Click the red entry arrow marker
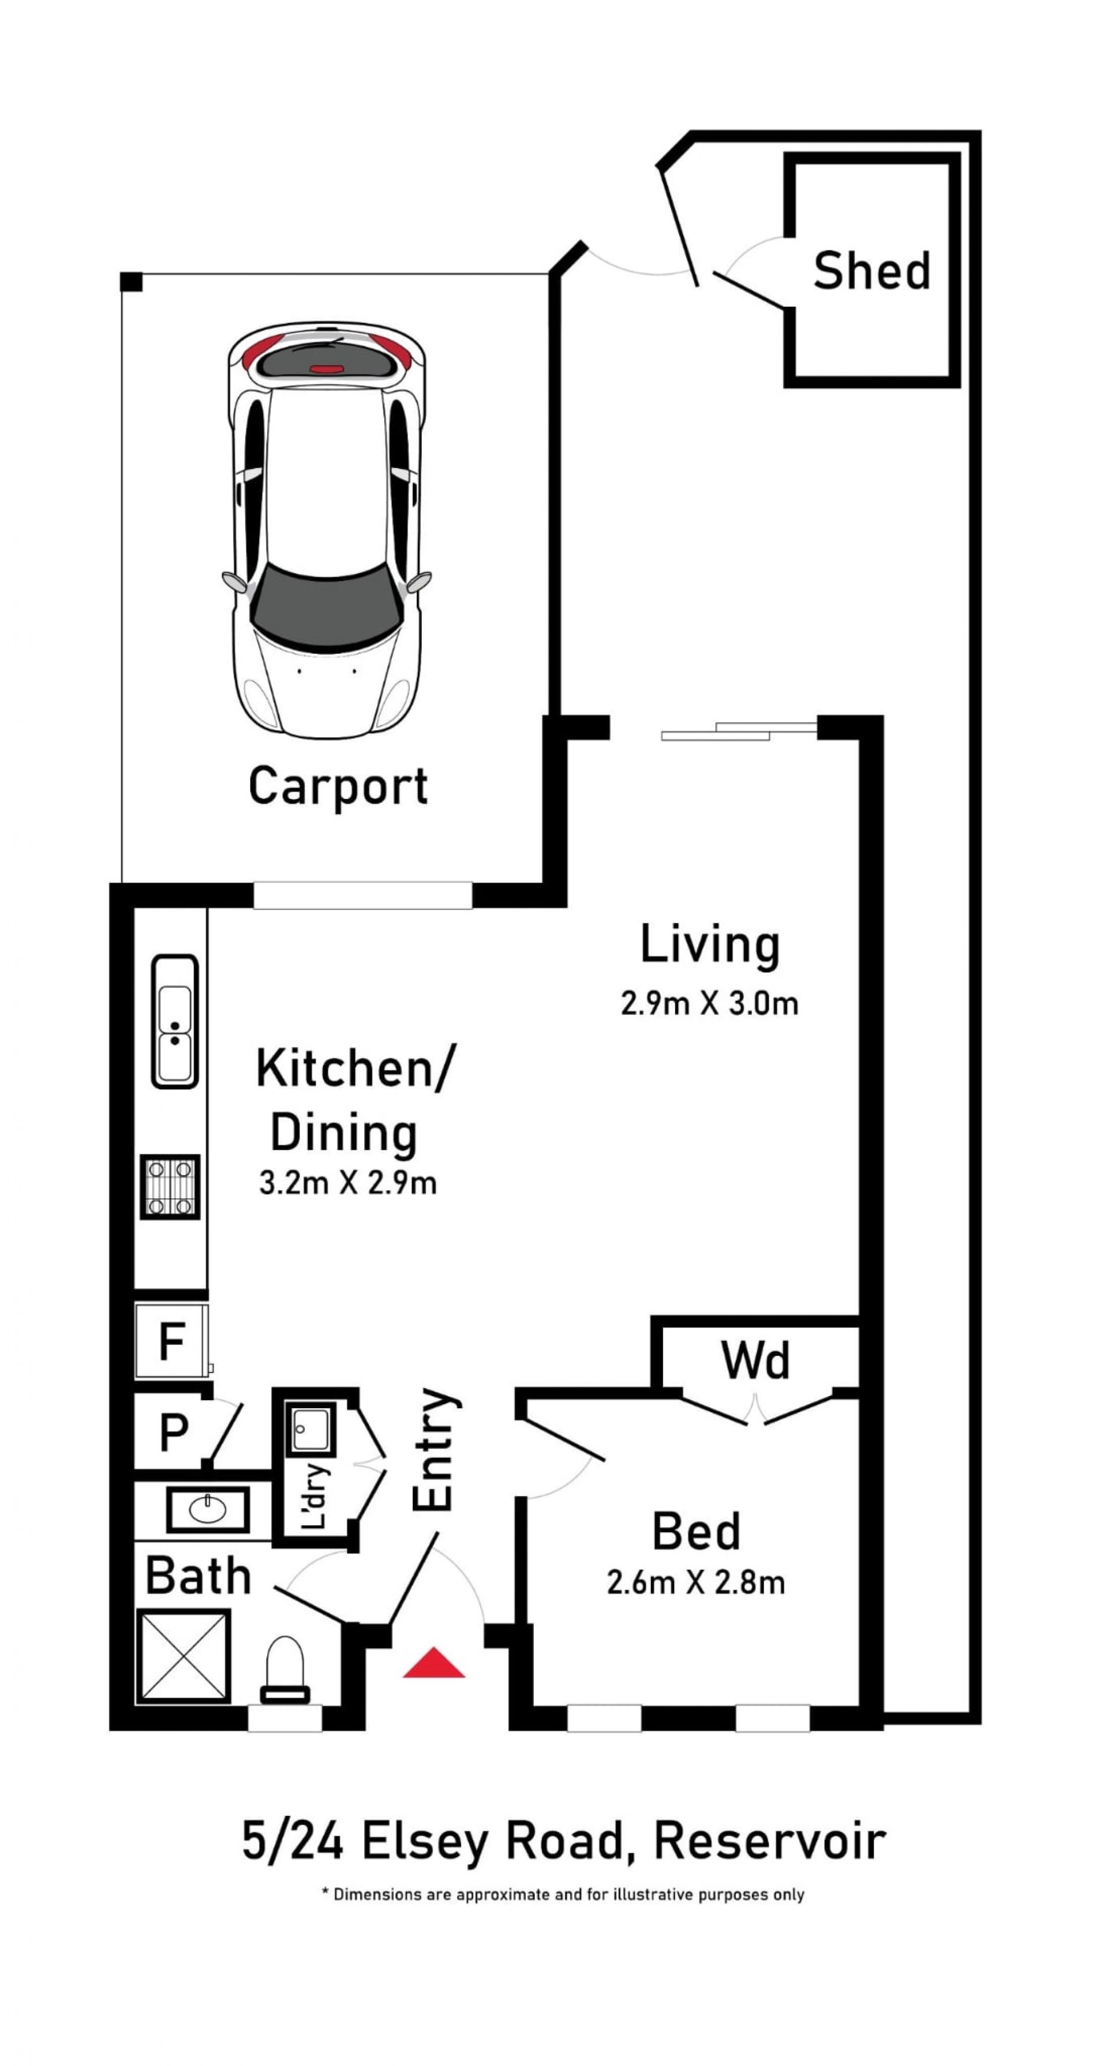click(433, 1663)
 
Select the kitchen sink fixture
click(175, 1021)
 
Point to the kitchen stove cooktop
click(170, 1187)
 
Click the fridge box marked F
click(172, 1341)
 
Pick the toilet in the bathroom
click(285, 1669)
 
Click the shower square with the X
click(184, 1655)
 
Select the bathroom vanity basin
click(208, 1509)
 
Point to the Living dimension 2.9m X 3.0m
click(709, 1003)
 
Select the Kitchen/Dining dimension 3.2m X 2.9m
click(347, 1182)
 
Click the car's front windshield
click(325, 606)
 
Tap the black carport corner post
click(131, 282)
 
